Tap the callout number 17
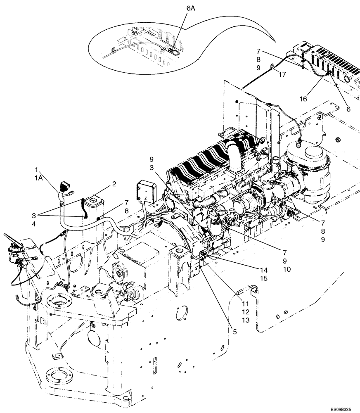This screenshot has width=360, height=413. click(282, 74)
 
